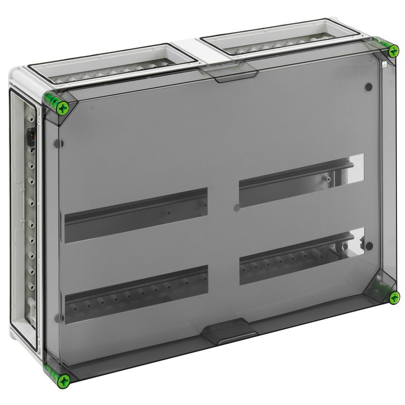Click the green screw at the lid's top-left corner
(x=62, y=107)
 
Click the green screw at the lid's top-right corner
(x=393, y=51)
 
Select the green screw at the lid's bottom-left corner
(x=63, y=381)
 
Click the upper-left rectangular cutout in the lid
(x=136, y=215)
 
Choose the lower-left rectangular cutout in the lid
(x=136, y=294)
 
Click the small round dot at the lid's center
(x=237, y=207)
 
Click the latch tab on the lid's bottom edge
(x=229, y=331)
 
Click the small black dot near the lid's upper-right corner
(x=369, y=86)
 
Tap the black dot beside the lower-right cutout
(x=369, y=246)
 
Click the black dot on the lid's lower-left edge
(x=57, y=318)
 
